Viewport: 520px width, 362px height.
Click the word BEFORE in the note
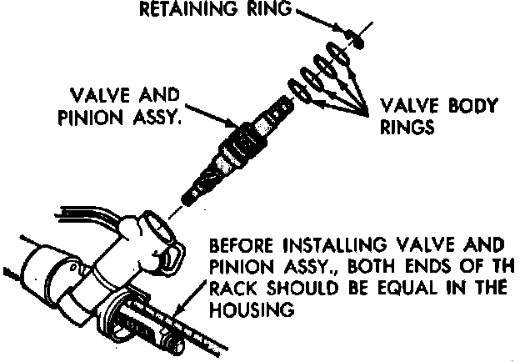point(241,248)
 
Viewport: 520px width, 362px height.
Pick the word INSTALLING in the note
point(326,248)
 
